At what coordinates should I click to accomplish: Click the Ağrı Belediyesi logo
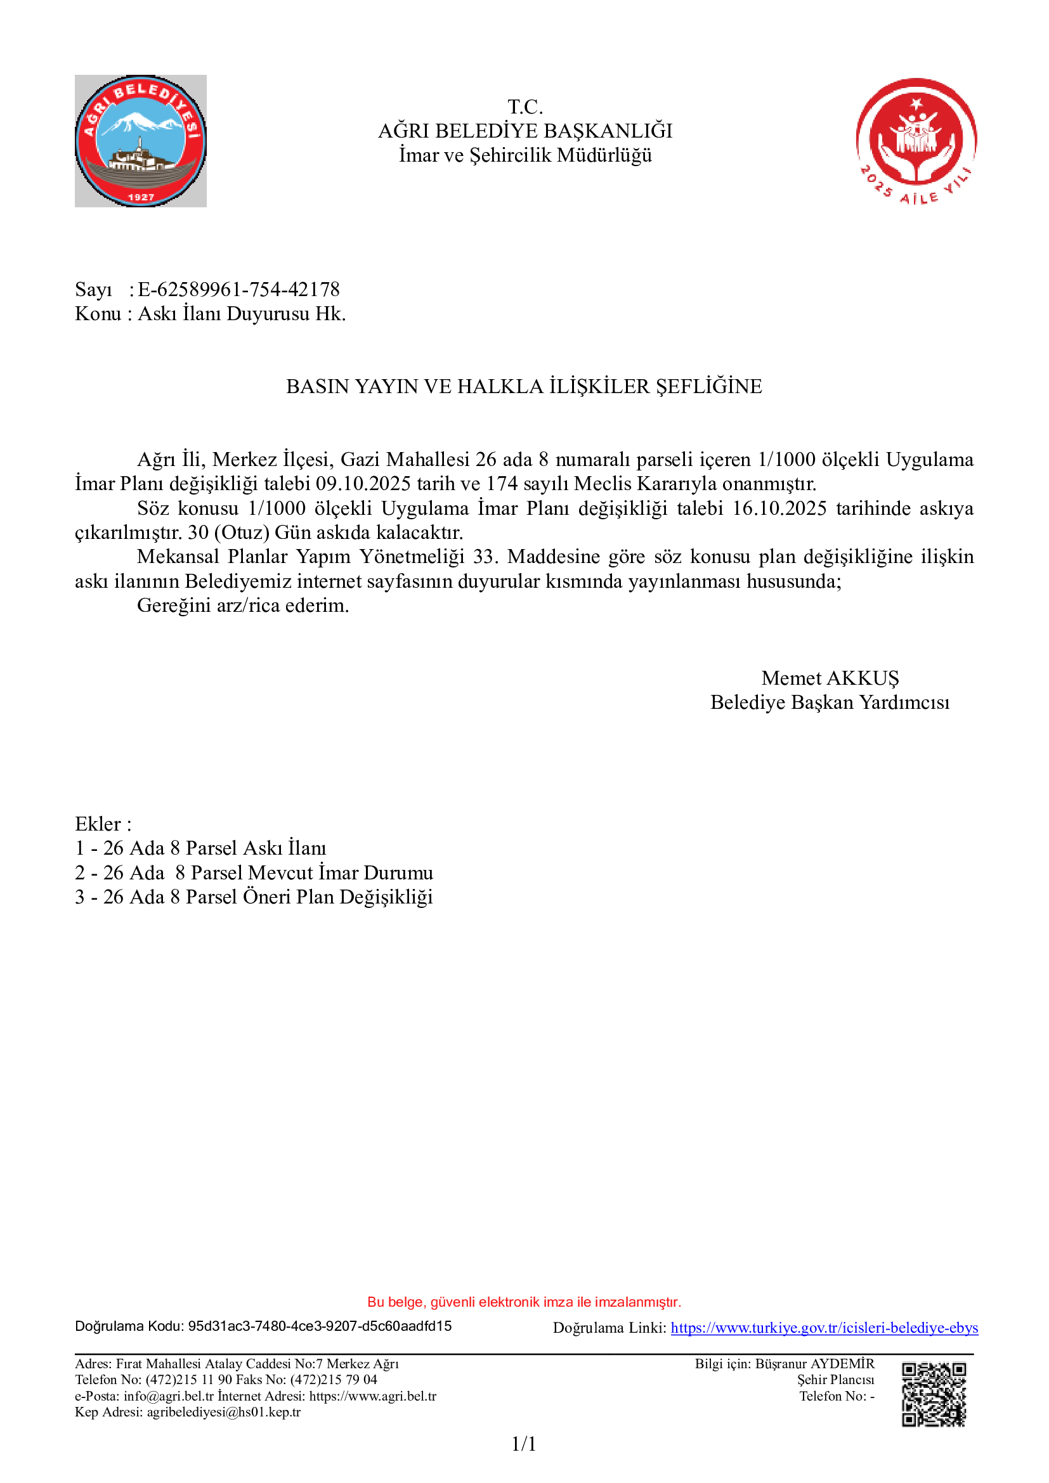tap(141, 141)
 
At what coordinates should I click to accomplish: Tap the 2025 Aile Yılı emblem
tap(916, 141)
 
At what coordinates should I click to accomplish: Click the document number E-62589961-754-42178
tap(238, 289)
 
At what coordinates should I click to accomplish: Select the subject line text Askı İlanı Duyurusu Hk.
tap(242, 314)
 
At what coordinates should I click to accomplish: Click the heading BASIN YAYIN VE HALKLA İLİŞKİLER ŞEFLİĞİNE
tap(524, 386)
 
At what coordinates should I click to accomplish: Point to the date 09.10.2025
tap(363, 484)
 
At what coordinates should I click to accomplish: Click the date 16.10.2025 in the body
tap(779, 508)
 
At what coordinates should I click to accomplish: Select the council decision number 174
tap(502, 484)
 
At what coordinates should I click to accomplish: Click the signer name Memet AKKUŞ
tap(830, 678)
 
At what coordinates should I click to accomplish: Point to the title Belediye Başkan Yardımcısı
tap(830, 703)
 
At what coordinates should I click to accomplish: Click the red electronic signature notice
tap(524, 1302)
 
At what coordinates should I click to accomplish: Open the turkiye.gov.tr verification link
tap(824, 1328)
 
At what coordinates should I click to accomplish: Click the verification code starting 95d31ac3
tap(320, 1326)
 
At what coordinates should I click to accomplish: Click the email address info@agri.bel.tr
tap(169, 1396)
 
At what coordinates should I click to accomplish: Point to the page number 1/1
tap(524, 1444)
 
